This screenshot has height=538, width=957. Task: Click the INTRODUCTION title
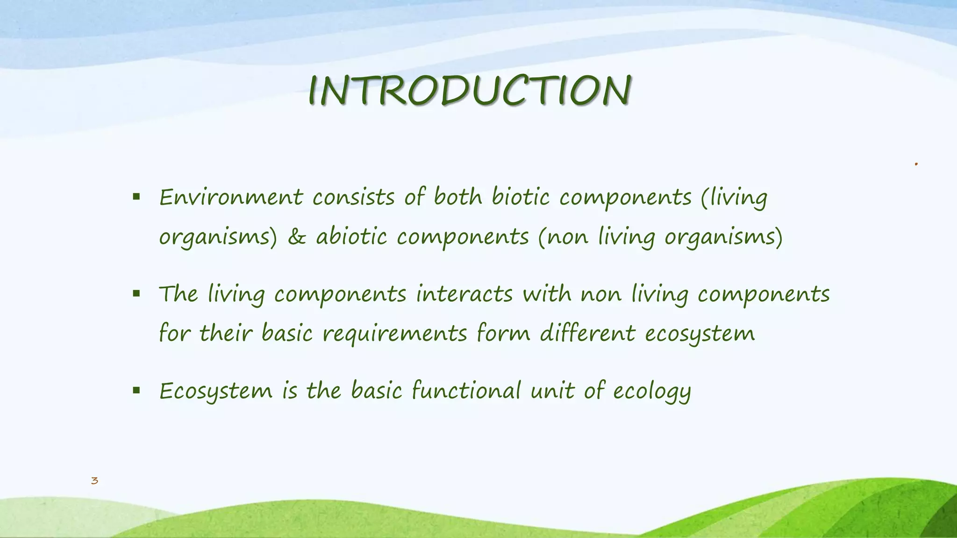point(470,90)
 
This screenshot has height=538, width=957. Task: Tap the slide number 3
point(94,481)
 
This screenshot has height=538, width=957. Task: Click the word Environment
point(231,197)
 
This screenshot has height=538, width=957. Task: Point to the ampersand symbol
point(297,237)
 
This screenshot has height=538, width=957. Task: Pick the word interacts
point(464,294)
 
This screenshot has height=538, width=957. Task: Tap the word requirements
point(395,333)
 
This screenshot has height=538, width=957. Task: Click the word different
point(587,333)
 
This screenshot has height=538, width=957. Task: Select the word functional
point(466,390)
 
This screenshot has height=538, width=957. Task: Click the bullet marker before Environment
point(136,197)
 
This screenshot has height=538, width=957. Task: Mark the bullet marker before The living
point(136,294)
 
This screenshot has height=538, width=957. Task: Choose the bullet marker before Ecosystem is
point(136,390)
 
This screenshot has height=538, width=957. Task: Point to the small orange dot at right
point(916,164)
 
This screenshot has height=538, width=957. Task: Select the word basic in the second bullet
point(286,333)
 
